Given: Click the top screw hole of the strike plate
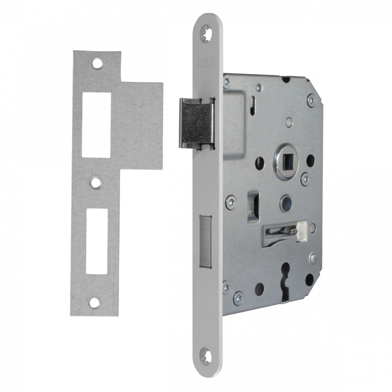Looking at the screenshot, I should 98,63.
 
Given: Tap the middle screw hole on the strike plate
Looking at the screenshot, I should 96,182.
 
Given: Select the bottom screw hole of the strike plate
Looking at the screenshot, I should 93,302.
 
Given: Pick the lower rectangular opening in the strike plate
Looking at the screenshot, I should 96,240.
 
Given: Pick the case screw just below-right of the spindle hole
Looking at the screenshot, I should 304,178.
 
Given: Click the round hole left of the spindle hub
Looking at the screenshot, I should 260,161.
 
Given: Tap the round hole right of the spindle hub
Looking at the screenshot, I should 310,160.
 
